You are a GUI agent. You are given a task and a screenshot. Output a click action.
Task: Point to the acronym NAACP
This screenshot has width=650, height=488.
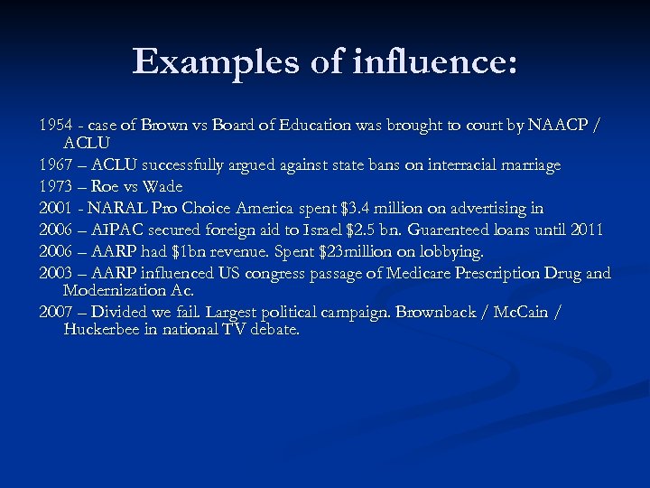pyautogui.click(x=555, y=126)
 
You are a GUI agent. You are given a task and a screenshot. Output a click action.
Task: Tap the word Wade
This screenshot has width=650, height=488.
pyautogui.click(x=163, y=186)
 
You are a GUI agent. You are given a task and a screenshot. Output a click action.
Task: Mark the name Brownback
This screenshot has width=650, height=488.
pyautogui.click(x=452, y=312)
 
